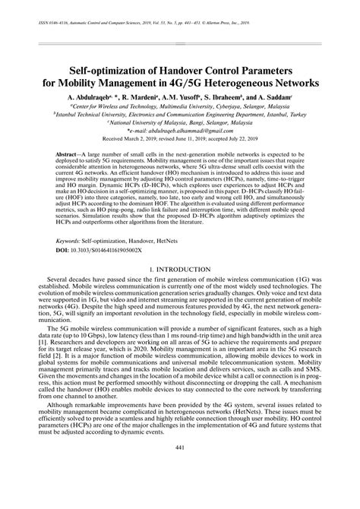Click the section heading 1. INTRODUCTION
click(x=180, y=270)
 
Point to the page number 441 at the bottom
click(x=180, y=488)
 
